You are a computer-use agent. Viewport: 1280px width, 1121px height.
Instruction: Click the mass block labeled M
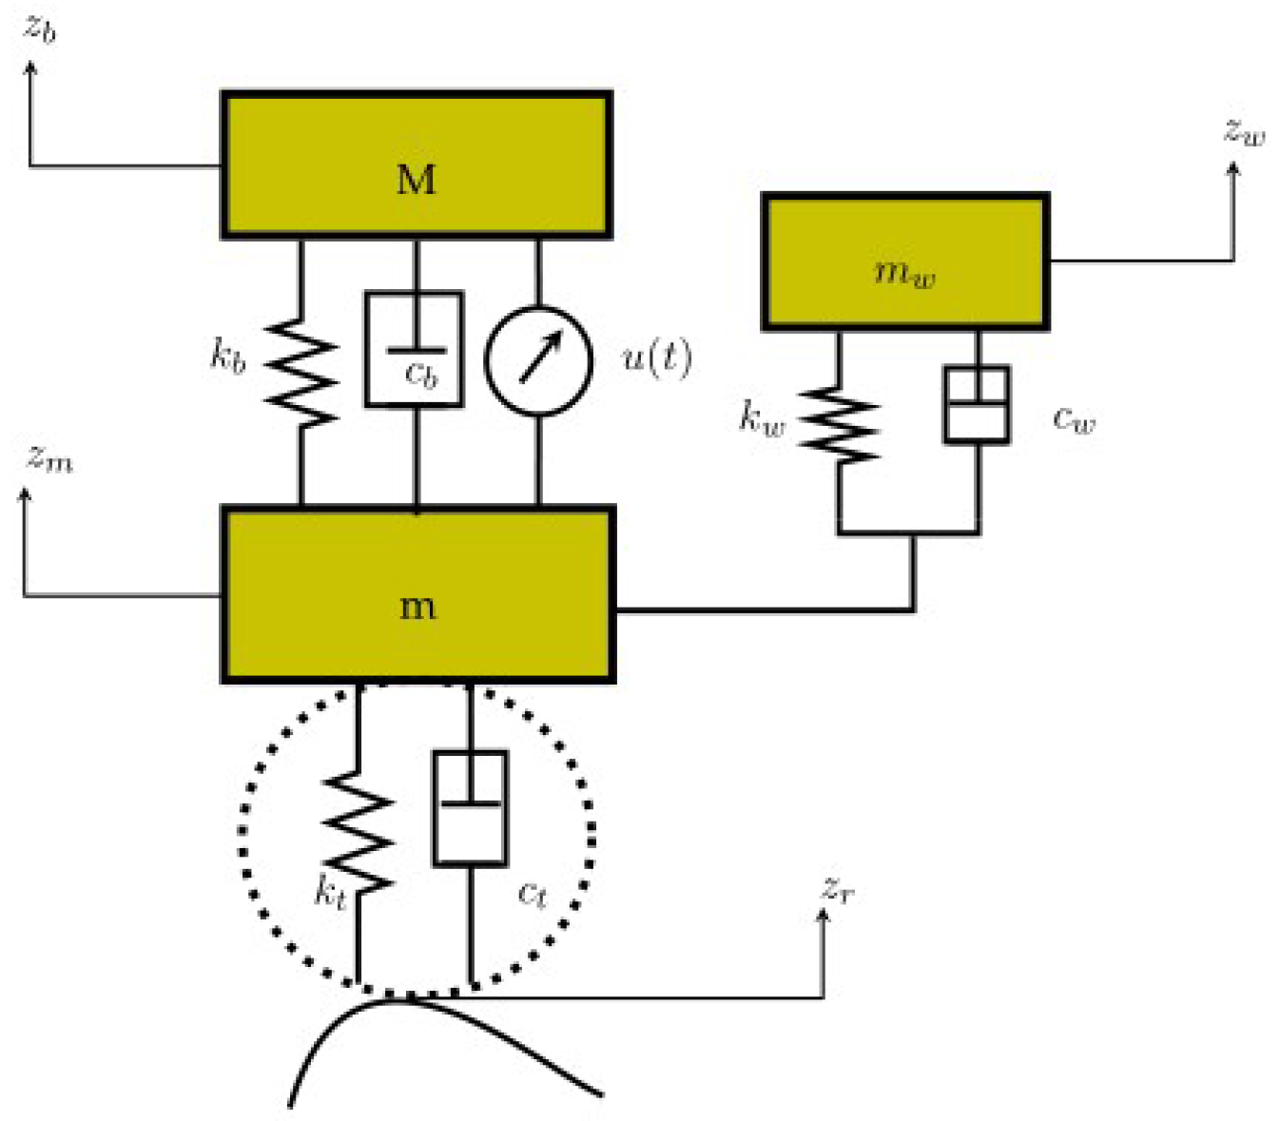click(x=416, y=164)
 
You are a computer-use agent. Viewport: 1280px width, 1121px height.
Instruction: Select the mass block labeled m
click(x=418, y=595)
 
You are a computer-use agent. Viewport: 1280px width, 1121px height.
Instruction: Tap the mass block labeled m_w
click(x=904, y=261)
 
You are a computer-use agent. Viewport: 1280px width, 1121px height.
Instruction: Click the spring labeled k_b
click(x=301, y=372)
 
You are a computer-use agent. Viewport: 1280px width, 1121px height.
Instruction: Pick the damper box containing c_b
click(x=415, y=349)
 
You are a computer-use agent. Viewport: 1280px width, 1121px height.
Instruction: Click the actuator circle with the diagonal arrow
click(x=538, y=360)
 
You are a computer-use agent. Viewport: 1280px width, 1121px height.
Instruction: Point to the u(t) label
click(x=656, y=358)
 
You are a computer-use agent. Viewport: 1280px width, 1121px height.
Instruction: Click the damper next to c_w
click(x=977, y=404)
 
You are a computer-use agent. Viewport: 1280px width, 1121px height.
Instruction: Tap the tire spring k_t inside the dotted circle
click(x=359, y=831)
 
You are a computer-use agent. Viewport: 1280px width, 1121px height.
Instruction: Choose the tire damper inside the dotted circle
click(x=470, y=808)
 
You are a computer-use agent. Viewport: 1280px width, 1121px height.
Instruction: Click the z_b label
click(x=40, y=29)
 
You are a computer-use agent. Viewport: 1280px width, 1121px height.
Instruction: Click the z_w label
click(x=1245, y=130)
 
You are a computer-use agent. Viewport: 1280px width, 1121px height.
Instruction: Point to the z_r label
click(x=838, y=889)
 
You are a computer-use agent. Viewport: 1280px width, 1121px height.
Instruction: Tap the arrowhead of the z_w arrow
click(x=1233, y=169)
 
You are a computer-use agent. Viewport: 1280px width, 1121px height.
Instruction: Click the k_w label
click(x=762, y=417)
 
